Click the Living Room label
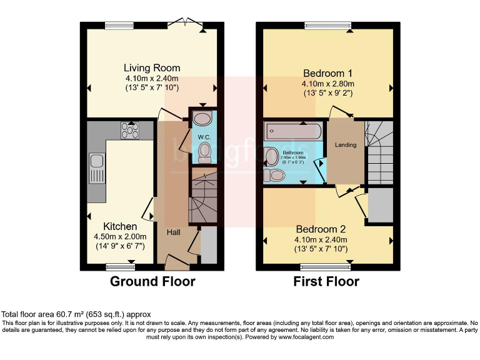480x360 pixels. pyautogui.click(x=152, y=67)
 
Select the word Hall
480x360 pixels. pyautogui.click(x=173, y=232)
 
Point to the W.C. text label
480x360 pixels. pyautogui.click(x=204, y=137)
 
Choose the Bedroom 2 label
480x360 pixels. pyautogui.click(x=321, y=228)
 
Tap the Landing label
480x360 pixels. pyautogui.click(x=346, y=145)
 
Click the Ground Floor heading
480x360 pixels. pyautogui.click(x=152, y=282)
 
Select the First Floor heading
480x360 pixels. pyautogui.click(x=326, y=282)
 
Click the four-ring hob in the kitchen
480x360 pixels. pyautogui.click(x=129, y=130)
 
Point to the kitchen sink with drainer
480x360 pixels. pyautogui.click(x=97, y=169)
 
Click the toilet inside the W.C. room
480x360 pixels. pyautogui.click(x=204, y=151)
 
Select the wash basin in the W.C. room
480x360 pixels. pyautogui.click(x=202, y=118)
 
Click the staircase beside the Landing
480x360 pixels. pyautogui.click(x=379, y=150)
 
